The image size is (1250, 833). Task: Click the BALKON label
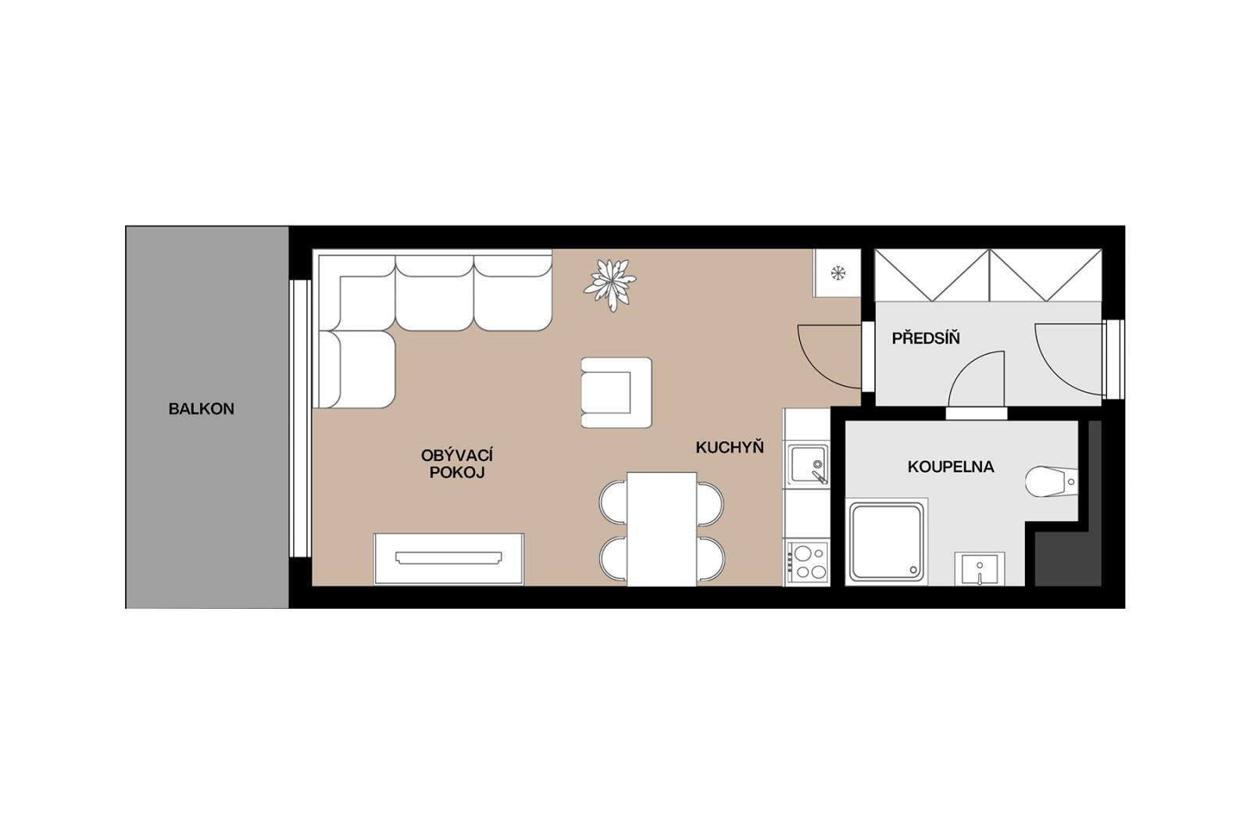coord(201,409)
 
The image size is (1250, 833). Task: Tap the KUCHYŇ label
coord(730,447)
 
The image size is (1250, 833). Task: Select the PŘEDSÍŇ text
coord(926,338)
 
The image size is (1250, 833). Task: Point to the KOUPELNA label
coord(951,467)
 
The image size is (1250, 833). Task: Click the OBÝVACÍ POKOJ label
coord(457,464)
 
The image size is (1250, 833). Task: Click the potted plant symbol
coord(610,285)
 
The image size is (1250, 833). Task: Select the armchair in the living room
coord(616,393)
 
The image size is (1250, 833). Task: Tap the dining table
coord(662,529)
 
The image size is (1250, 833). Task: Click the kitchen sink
coord(808,464)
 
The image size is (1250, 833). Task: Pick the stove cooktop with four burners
coord(808,563)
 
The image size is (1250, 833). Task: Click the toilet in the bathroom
coord(1052,481)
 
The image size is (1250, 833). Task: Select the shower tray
coord(887,542)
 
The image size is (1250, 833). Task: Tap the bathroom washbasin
coord(980,569)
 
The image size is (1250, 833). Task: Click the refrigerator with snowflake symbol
coord(837,273)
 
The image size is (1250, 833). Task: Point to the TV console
coord(448,559)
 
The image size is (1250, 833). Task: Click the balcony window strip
coord(300,418)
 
